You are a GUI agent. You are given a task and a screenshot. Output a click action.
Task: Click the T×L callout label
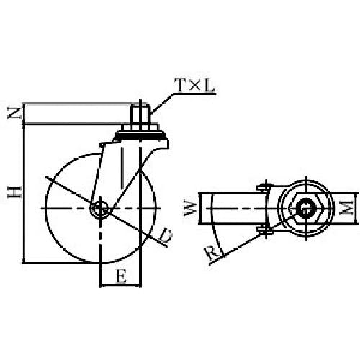[x=194, y=86]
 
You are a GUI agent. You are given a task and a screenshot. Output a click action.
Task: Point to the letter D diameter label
[x=166, y=235]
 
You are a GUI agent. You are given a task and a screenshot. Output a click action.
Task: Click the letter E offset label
[x=121, y=276]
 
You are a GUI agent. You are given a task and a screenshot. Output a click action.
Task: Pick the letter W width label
[x=191, y=208]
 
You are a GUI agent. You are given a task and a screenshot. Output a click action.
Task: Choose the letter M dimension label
[x=348, y=208]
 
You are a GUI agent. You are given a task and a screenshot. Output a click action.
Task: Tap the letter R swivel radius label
[x=212, y=253]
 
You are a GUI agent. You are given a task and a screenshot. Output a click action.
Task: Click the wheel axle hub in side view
[x=101, y=208]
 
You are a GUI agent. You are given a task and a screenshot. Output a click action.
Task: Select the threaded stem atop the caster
[x=140, y=114]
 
